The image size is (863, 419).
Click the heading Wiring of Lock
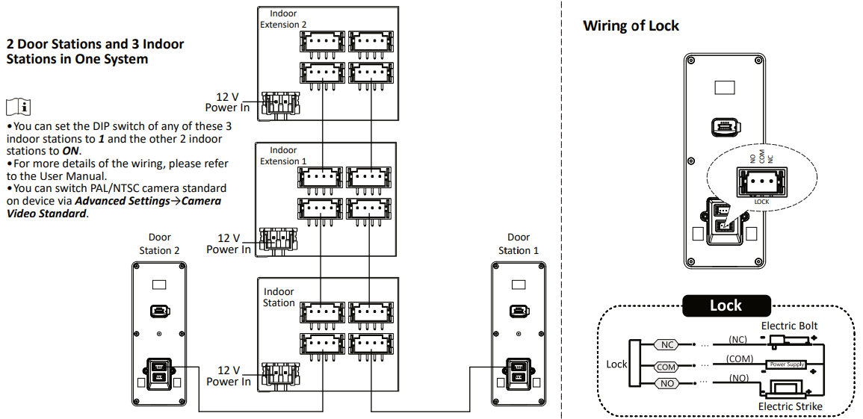[631, 25]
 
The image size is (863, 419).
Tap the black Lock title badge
[726, 305]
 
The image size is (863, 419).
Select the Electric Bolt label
[790, 326]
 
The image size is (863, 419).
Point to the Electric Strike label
[791, 406]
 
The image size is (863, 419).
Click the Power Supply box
[787, 364]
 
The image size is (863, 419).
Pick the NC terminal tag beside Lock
[666, 345]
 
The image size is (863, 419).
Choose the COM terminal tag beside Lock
[666, 366]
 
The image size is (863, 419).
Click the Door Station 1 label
[519, 243]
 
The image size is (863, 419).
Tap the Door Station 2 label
[159, 243]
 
